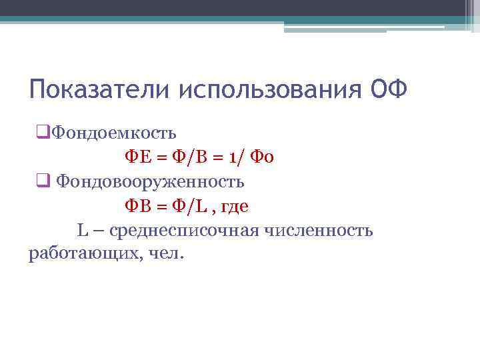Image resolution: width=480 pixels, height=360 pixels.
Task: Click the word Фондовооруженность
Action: click(x=150, y=181)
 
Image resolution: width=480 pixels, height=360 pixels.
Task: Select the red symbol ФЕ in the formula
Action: click(x=139, y=157)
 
